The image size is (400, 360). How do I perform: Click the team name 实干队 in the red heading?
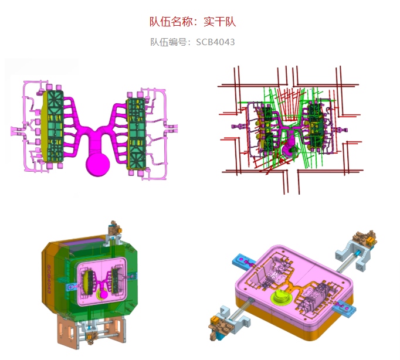point(219,22)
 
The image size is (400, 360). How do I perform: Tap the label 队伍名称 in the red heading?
point(171,22)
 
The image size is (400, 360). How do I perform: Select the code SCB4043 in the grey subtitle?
point(215,42)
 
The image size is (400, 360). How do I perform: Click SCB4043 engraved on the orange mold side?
point(49,279)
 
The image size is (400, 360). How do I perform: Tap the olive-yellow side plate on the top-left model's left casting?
point(45,126)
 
